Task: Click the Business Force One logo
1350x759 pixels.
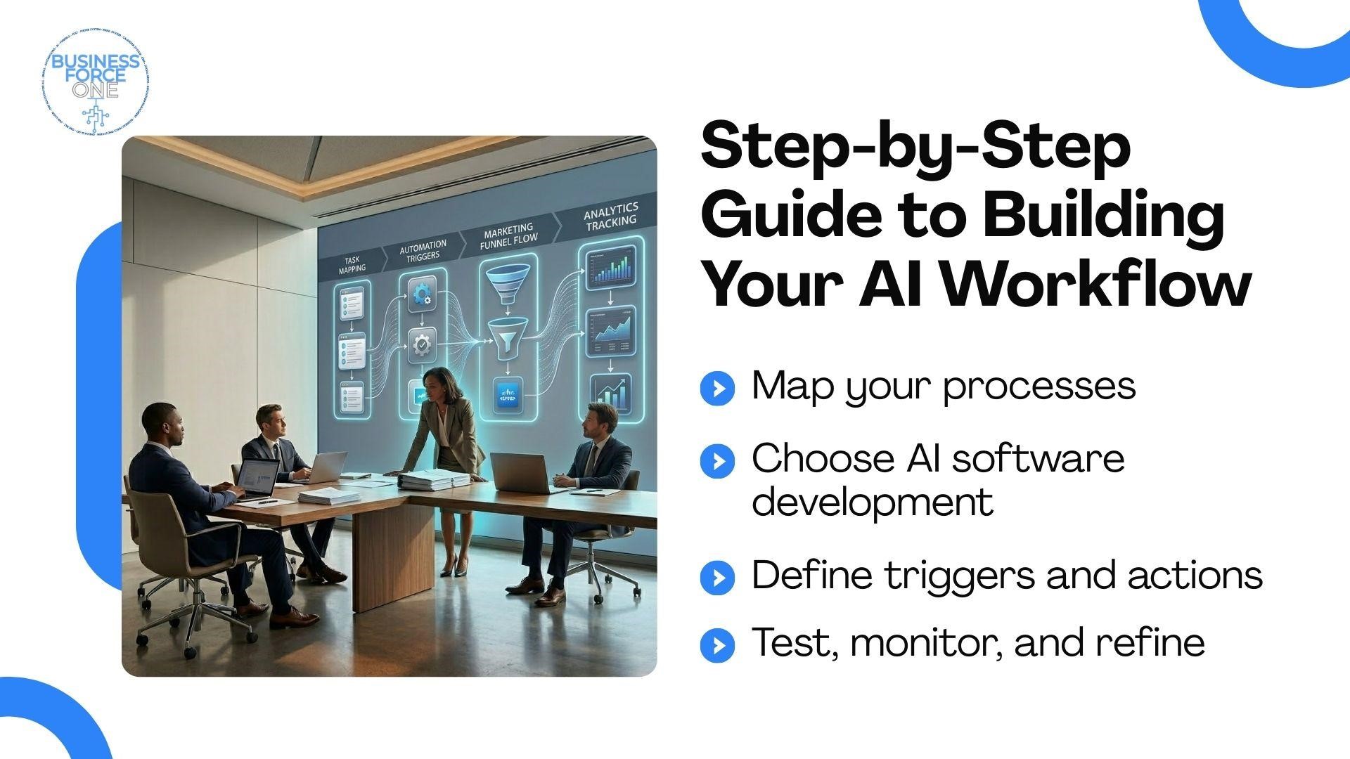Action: click(x=96, y=83)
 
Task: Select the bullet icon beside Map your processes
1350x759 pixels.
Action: click(x=717, y=388)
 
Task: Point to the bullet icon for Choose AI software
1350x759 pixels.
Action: click(x=717, y=461)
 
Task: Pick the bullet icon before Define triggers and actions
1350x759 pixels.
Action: click(x=717, y=578)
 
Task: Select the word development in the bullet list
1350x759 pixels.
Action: click(x=873, y=502)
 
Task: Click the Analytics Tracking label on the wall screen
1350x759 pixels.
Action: click(x=610, y=215)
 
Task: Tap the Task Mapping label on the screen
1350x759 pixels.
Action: click(x=352, y=265)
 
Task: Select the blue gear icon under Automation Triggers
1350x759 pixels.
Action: click(x=421, y=294)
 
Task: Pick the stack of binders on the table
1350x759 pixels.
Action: click(x=432, y=480)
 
